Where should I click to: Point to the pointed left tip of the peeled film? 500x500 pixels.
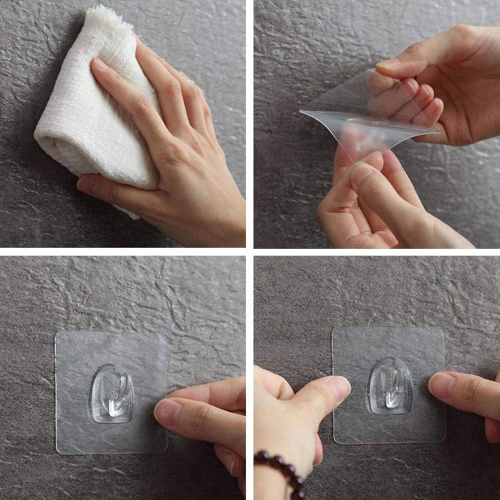coord(302,112)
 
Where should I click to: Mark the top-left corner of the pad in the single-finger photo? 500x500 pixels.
coord(58,333)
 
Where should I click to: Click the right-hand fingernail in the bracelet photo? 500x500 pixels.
coord(441,382)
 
